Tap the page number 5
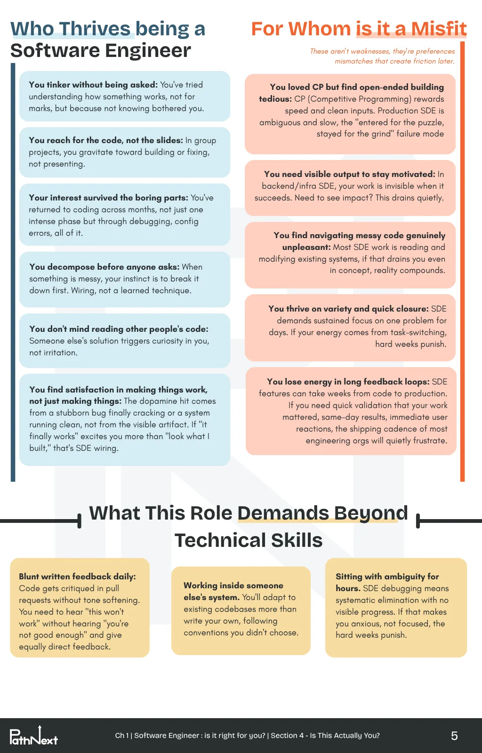pyautogui.click(x=454, y=736)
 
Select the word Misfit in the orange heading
pyautogui.click(x=439, y=29)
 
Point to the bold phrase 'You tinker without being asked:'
pyautogui.click(x=93, y=85)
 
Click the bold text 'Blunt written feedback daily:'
pyautogui.click(x=77, y=577)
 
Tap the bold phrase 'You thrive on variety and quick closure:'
pyautogui.click(x=349, y=309)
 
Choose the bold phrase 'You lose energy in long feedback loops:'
pyautogui.click(x=348, y=382)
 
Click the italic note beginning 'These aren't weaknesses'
pyautogui.click(x=382, y=56)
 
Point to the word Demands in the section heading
pyautogui.click(x=283, y=513)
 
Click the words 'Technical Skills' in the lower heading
pyautogui.click(x=249, y=540)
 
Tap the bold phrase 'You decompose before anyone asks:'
pyautogui.click(x=104, y=267)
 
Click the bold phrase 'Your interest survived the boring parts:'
pyautogui.click(x=109, y=198)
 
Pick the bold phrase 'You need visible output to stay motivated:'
pyautogui.click(x=350, y=174)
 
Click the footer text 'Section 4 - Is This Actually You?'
pyautogui.click(x=325, y=736)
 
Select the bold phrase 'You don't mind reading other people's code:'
pyautogui.click(x=119, y=329)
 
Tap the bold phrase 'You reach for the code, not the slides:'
pyautogui.click(x=106, y=140)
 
